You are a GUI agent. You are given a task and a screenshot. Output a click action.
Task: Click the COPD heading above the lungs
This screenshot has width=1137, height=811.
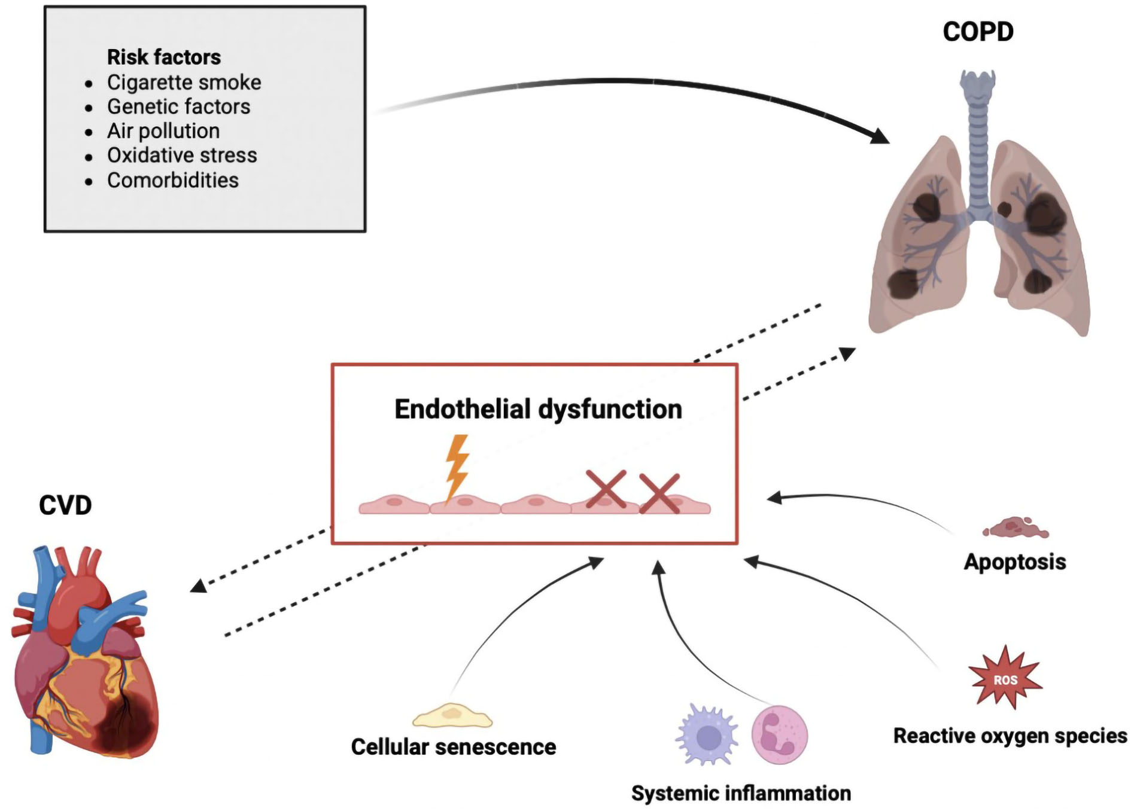tap(978, 32)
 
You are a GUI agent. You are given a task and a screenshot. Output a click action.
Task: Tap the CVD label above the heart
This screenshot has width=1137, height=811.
tap(65, 505)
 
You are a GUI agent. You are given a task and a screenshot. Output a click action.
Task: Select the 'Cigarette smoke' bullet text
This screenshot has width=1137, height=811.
tap(184, 83)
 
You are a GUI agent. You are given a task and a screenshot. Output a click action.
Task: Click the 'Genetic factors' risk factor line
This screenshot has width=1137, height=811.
tap(178, 106)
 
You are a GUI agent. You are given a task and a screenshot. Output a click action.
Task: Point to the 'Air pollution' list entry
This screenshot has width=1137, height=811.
tap(163, 131)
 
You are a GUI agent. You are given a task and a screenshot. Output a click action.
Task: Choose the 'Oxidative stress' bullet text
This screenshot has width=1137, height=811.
tap(182, 156)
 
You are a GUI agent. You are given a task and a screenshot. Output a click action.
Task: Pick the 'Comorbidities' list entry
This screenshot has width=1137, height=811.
tap(172, 180)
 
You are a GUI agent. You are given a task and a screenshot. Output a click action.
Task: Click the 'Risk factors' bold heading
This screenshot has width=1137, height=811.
tap(163, 57)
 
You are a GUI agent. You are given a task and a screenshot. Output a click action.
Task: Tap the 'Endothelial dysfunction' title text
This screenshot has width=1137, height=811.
tap(538, 410)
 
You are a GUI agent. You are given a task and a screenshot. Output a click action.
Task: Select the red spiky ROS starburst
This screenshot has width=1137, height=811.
tap(1005, 678)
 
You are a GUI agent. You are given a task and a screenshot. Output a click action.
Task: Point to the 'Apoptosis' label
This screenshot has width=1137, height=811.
tap(1015, 562)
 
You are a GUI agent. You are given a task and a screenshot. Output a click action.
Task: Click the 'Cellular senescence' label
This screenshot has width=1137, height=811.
tap(453, 747)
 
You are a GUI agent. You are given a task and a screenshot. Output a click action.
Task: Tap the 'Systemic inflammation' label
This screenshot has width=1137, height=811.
tap(741, 793)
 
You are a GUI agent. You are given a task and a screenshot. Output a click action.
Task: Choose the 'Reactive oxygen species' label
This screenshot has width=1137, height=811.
tap(1010, 736)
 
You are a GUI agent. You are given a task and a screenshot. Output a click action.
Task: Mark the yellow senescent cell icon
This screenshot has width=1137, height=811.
tap(452, 715)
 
